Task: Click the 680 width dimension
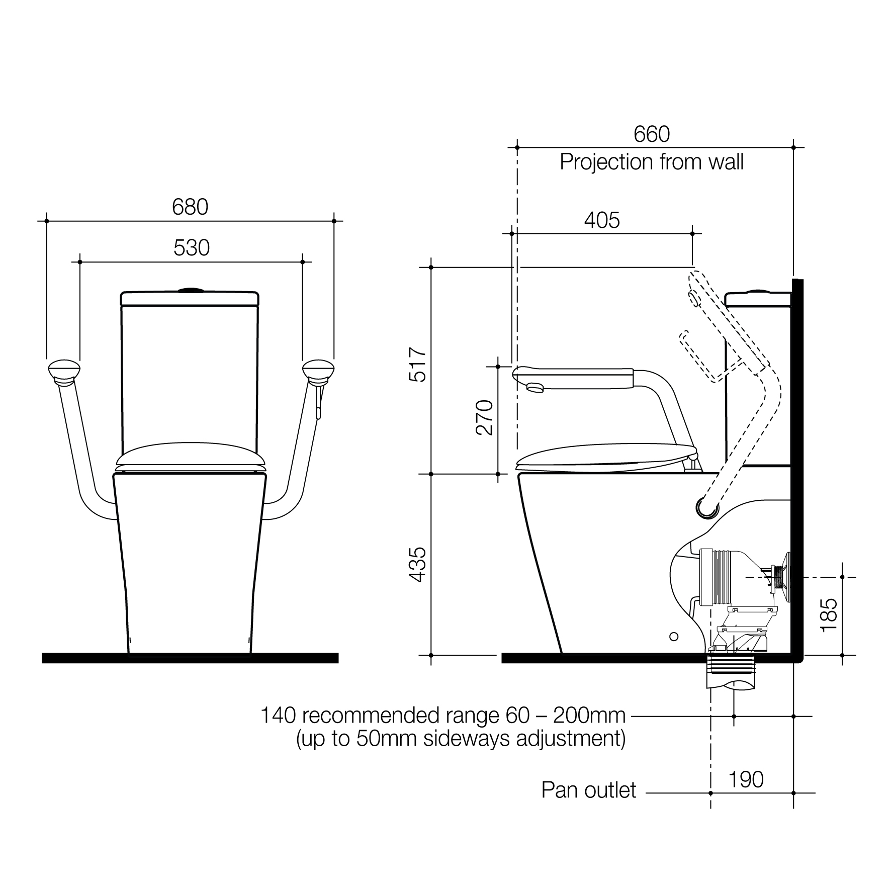point(190,207)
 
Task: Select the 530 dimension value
point(192,248)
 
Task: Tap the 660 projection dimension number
point(652,134)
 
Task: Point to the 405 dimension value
point(602,220)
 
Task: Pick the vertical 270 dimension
point(484,418)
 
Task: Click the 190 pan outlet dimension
point(746,780)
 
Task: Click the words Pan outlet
point(589,790)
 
